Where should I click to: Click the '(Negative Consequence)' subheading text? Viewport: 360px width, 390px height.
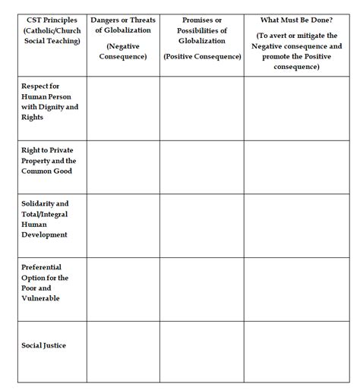point(122,51)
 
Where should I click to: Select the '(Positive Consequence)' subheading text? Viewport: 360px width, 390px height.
point(201,57)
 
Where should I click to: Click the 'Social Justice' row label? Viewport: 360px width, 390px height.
point(44,345)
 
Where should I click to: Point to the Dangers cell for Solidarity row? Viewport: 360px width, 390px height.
point(123,225)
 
